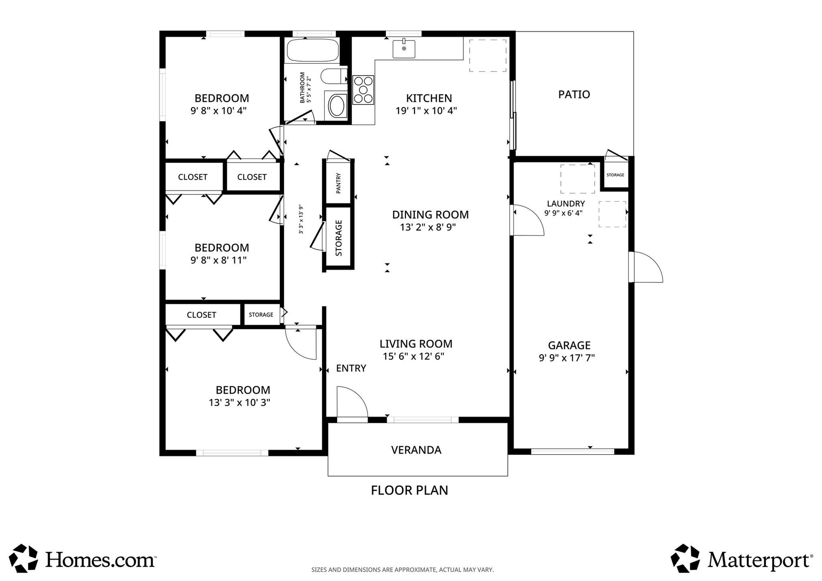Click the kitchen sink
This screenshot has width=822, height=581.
coord(404,49)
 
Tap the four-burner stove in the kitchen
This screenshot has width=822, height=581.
coord(363,90)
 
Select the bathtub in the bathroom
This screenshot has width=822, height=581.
coord(313,50)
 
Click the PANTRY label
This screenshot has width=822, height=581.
coord(338,183)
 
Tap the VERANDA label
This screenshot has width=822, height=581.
coord(416,450)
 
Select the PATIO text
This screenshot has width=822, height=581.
coord(574,94)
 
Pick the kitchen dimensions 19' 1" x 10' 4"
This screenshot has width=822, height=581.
coord(426,111)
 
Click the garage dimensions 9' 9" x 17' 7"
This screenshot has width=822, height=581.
coord(567,358)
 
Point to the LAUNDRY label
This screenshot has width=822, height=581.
coord(566,204)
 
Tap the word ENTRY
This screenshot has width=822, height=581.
coord(351,368)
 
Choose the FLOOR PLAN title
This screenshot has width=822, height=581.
coord(409,490)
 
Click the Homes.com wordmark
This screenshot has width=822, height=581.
coord(100,559)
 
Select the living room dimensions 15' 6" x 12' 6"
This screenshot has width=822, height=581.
coord(413,357)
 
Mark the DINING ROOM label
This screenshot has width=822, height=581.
coord(430,215)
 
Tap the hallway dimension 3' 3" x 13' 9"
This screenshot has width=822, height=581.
coord(301,219)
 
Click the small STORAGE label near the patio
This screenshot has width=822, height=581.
coord(615,175)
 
